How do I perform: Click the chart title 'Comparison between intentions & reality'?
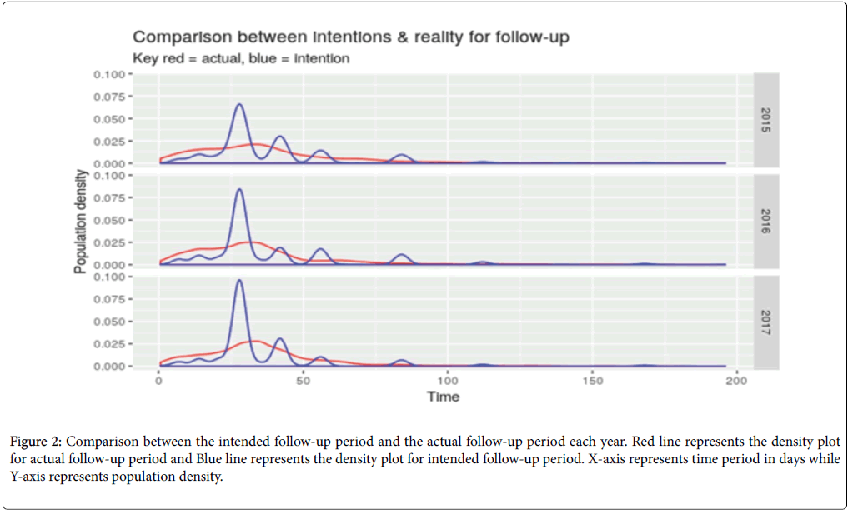[x=351, y=37]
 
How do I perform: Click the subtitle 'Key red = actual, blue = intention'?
[x=241, y=58]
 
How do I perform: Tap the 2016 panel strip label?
[x=765, y=220]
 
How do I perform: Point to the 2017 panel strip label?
[x=765, y=322]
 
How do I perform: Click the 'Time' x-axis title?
[x=443, y=397]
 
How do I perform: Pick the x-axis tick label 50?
[x=304, y=381]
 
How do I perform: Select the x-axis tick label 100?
[x=448, y=381]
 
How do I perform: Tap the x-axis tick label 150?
[x=591, y=381]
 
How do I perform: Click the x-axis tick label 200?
[x=735, y=381]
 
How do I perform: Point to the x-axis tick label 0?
[x=159, y=381]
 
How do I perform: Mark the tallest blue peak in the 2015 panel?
[x=239, y=105]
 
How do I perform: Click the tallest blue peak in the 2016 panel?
[x=240, y=190]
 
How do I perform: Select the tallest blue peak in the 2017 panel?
[x=240, y=281]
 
